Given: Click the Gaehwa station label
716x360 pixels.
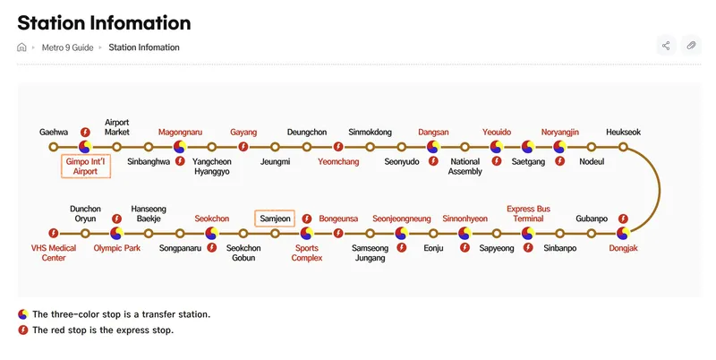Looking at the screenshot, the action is pyautogui.click(x=54, y=132).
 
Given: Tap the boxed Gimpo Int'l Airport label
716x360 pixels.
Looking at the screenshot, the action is pyautogui.click(x=85, y=167).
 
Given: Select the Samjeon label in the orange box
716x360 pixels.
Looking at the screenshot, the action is pyautogui.click(x=275, y=219).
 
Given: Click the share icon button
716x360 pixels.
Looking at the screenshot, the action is pyautogui.click(x=666, y=46).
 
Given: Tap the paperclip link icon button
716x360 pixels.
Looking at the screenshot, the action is pyautogui.click(x=691, y=46).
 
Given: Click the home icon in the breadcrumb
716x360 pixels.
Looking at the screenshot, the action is pyautogui.click(x=21, y=47).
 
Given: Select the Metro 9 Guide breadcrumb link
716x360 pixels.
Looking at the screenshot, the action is pyautogui.click(x=68, y=47).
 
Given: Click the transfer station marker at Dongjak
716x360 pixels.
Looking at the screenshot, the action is pyautogui.click(x=623, y=233).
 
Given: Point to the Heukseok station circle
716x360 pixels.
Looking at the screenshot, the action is pyautogui.click(x=623, y=147).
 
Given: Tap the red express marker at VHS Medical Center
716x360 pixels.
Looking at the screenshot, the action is pyautogui.click(x=54, y=233).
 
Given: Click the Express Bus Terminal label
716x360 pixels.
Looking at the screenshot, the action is pyautogui.click(x=528, y=213).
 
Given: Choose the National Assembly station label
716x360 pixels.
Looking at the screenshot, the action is pyautogui.click(x=465, y=167).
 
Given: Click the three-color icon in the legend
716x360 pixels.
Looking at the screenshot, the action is pyautogui.click(x=23, y=314).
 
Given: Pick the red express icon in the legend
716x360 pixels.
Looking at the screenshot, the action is pyautogui.click(x=23, y=330).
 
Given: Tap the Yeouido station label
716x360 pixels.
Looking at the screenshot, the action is pyautogui.click(x=497, y=132).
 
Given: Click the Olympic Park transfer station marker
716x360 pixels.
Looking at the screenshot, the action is pyautogui.click(x=117, y=233).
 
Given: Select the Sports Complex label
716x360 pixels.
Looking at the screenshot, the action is pyautogui.click(x=306, y=253).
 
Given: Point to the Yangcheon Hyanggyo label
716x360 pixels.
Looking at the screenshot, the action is pyautogui.click(x=211, y=167).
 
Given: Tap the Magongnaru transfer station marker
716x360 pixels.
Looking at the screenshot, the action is pyautogui.click(x=180, y=147).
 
